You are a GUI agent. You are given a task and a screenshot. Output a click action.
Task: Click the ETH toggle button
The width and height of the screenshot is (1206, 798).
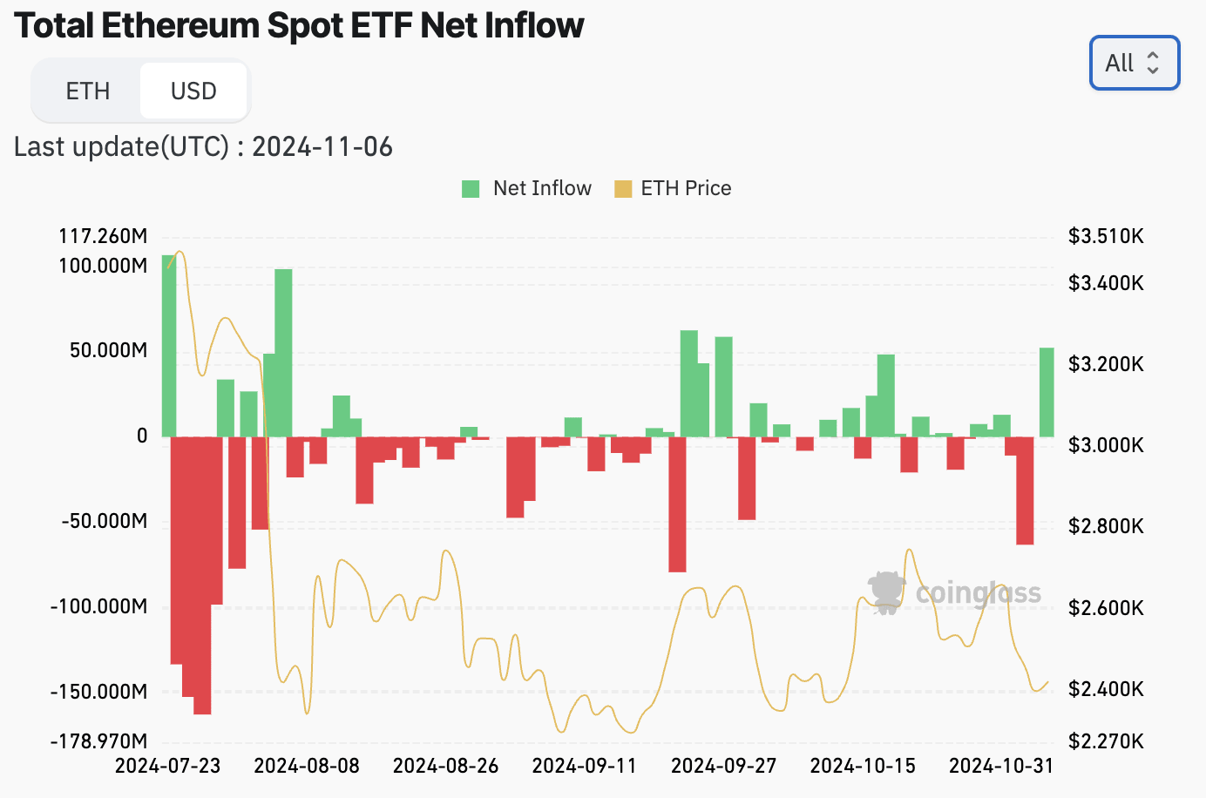[87, 91]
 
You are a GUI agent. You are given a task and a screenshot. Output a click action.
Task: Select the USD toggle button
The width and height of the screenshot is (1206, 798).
[193, 91]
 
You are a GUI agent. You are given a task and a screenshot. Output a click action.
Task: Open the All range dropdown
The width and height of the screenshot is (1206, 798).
[1134, 63]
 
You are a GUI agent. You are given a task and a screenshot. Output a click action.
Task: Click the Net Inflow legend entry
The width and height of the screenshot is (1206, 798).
[526, 188]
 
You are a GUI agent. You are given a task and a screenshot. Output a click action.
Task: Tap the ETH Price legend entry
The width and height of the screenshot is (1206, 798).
[673, 188]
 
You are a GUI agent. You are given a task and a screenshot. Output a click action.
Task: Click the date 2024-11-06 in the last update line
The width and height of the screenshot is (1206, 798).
[322, 146]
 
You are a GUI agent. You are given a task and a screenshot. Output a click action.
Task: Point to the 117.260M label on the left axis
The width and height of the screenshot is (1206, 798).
[103, 236]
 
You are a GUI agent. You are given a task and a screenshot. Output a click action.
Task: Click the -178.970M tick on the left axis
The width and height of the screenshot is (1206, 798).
[99, 741]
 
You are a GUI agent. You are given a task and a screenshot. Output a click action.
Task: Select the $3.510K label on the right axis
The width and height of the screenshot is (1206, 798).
[1106, 236]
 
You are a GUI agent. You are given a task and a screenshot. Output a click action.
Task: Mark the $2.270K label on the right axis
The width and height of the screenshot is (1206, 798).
[1106, 741]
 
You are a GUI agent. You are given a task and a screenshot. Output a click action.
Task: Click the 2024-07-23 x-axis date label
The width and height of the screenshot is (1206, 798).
[167, 766]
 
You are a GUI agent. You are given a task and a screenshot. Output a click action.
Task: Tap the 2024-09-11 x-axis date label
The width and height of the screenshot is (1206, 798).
[584, 766]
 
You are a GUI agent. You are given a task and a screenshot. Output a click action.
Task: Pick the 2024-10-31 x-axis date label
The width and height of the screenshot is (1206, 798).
[1001, 766]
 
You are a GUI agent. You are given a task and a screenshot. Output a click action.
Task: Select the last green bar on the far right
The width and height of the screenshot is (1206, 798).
[1047, 392]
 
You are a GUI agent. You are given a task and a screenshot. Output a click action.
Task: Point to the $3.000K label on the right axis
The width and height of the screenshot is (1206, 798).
[1106, 445]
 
